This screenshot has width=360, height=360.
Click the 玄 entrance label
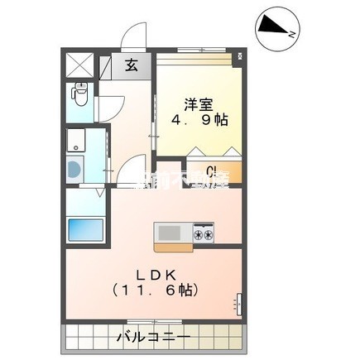[132, 67]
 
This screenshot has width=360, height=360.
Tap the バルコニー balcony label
[153, 338]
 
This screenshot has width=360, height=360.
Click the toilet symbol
[79, 95]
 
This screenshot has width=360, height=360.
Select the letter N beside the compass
[291, 36]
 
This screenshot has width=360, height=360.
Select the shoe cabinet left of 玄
[108, 67]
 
